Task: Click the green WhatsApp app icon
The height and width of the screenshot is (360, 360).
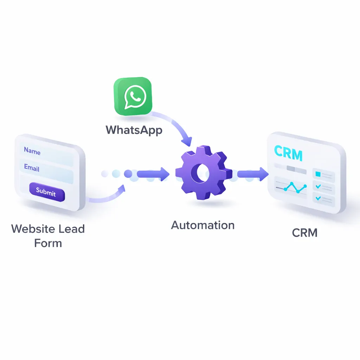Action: point(133,96)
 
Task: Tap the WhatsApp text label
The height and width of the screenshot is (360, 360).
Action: point(134,130)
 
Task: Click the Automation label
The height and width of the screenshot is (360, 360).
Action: point(203,225)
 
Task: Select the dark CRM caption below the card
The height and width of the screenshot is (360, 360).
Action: point(305,233)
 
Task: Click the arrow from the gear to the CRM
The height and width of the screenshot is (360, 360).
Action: point(252,174)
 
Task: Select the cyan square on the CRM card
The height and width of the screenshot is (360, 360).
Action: point(318,174)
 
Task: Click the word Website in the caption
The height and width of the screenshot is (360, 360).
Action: point(32,229)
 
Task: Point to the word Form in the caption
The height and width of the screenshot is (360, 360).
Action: point(48,243)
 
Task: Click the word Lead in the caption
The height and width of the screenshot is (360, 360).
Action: point(72,229)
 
